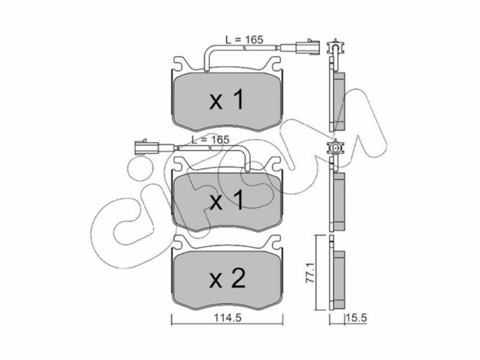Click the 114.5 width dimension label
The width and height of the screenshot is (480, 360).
(x=227, y=318)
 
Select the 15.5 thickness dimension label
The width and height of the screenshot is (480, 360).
(x=356, y=318)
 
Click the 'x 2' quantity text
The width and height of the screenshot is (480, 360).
(x=227, y=278)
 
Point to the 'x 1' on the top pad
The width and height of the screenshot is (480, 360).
(x=227, y=100)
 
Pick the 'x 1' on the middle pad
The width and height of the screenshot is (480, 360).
(x=227, y=200)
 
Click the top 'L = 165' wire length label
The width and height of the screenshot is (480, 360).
(x=244, y=40)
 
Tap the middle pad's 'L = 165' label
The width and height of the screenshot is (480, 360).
(x=211, y=140)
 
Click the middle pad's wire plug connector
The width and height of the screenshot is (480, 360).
(x=146, y=148)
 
